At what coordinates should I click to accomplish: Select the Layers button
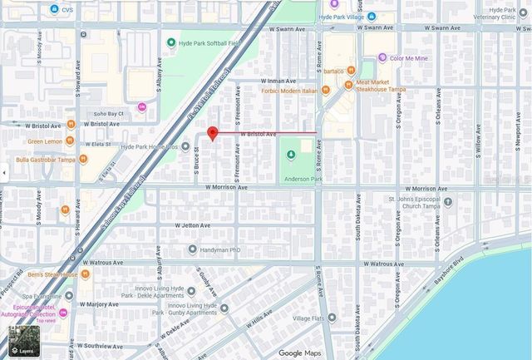(23, 340)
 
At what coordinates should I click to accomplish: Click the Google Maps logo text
(299, 353)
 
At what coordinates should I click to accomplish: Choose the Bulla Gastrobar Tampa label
(46, 159)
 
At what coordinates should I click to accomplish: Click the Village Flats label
(308, 318)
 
